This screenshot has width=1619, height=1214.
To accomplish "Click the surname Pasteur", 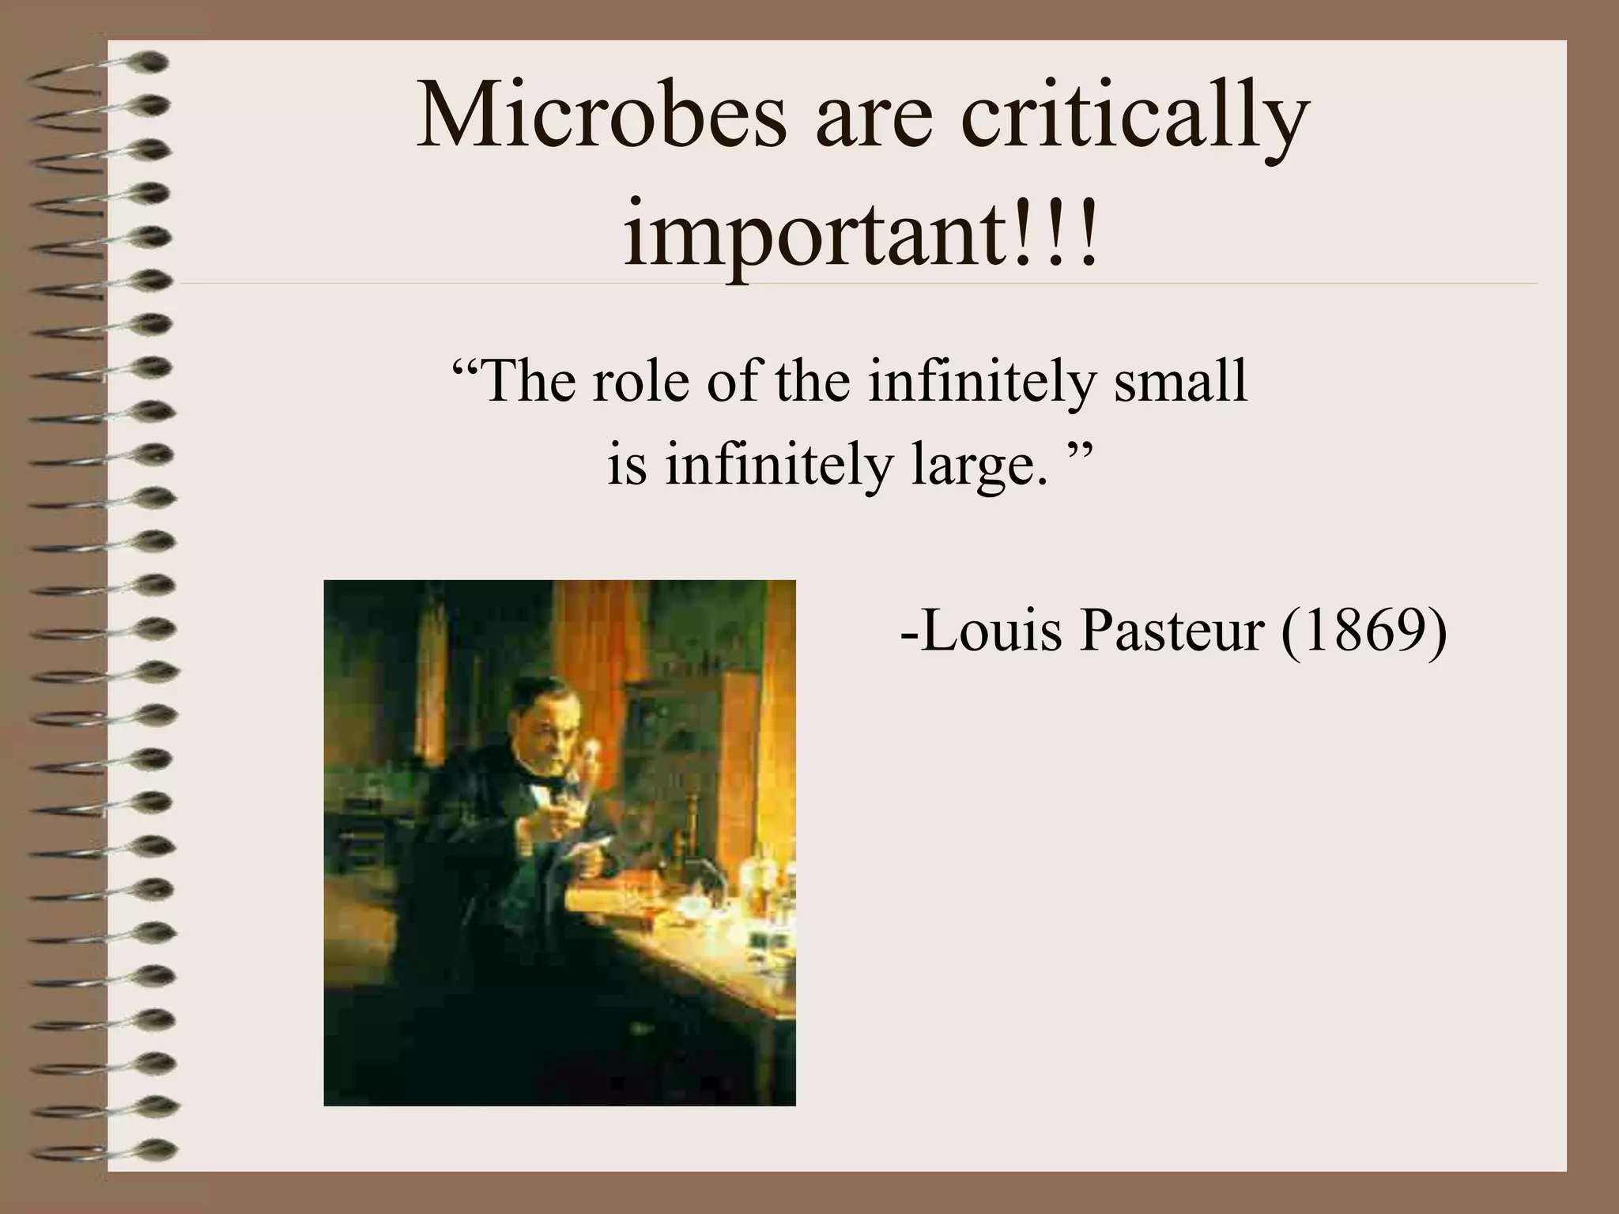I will tap(1170, 632).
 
